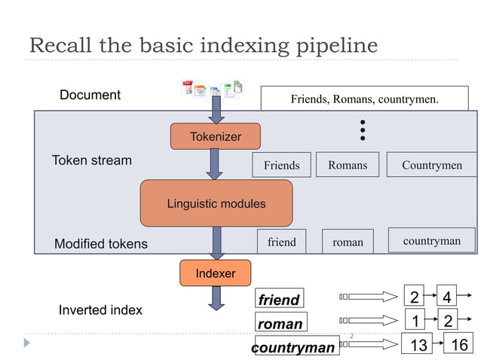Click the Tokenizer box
click(x=216, y=136)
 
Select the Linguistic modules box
click(x=216, y=203)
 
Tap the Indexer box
click(x=215, y=273)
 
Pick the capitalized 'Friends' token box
click(x=281, y=165)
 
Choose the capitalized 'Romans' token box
click(x=348, y=165)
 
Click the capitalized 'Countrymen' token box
click(x=432, y=165)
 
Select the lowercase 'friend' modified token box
click(x=281, y=242)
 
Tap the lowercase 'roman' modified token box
click(x=348, y=242)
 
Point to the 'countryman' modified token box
click(x=432, y=241)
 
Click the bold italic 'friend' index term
click(x=279, y=299)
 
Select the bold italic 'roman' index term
click(x=280, y=323)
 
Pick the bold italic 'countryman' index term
click(x=293, y=347)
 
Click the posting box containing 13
click(x=418, y=345)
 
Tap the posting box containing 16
click(x=459, y=345)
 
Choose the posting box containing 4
click(x=448, y=296)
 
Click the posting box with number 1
click(x=415, y=321)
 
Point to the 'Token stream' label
click(x=91, y=160)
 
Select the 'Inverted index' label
click(x=100, y=310)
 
